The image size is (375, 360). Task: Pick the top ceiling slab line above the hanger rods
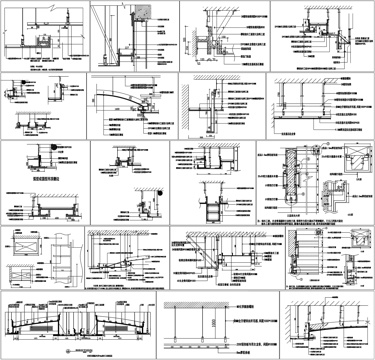[x=220, y=303]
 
